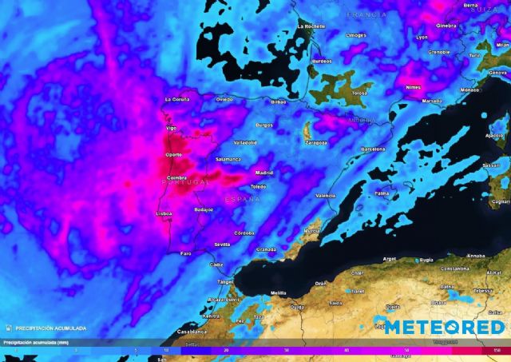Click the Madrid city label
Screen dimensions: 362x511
tap(263, 173)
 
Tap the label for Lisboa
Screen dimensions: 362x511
tap(163, 214)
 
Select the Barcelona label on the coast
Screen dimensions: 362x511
tap(373, 149)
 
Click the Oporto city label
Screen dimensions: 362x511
tap(172, 155)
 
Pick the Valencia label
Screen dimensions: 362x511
tap(326, 195)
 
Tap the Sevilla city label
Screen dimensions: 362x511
tap(222, 244)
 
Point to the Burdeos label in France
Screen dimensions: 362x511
tap(321, 61)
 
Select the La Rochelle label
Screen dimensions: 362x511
tap(311, 26)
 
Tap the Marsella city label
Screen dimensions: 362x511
tap(431, 101)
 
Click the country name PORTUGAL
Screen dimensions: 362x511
tap(185, 182)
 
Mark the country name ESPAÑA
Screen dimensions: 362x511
tap(242, 198)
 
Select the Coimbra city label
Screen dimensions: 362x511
tap(176, 177)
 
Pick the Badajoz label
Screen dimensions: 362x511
tap(204, 209)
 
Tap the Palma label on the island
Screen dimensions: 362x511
tap(382, 193)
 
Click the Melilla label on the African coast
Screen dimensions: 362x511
tap(278, 293)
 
